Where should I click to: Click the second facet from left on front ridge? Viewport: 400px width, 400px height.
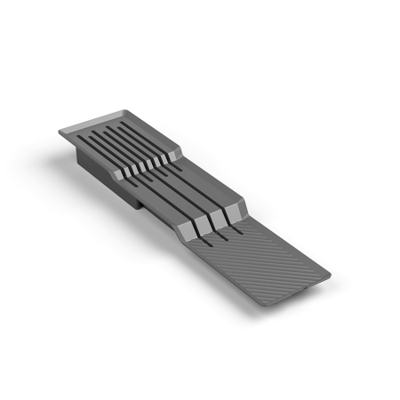point(203,224)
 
